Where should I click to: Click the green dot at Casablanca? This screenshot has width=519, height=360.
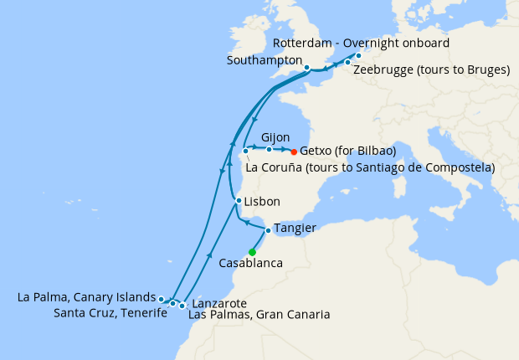[x=252, y=252]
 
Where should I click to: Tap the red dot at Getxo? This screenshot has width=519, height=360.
[x=294, y=152]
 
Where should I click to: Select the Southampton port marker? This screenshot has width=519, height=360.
[x=307, y=68]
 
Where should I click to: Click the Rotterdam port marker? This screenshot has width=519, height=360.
[x=358, y=56]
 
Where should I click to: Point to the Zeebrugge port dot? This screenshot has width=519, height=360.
[x=347, y=63]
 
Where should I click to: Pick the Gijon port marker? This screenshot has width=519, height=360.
[x=269, y=150]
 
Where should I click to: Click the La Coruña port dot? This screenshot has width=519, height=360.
[x=245, y=152]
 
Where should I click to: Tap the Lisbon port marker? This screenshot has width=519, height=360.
[x=239, y=201]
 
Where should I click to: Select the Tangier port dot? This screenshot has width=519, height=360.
[x=267, y=229]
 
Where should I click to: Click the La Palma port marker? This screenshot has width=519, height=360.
[x=161, y=298]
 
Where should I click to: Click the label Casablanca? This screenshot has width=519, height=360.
[x=250, y=264]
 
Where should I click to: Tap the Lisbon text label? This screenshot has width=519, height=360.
[x=262, y=202]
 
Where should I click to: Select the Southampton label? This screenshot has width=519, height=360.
[x=264, y=60]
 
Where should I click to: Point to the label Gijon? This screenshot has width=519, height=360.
[x=275, y=136]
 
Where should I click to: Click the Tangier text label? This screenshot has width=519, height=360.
[x=295, y=229]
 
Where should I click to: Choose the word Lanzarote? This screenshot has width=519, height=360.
[x=218, y=303]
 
